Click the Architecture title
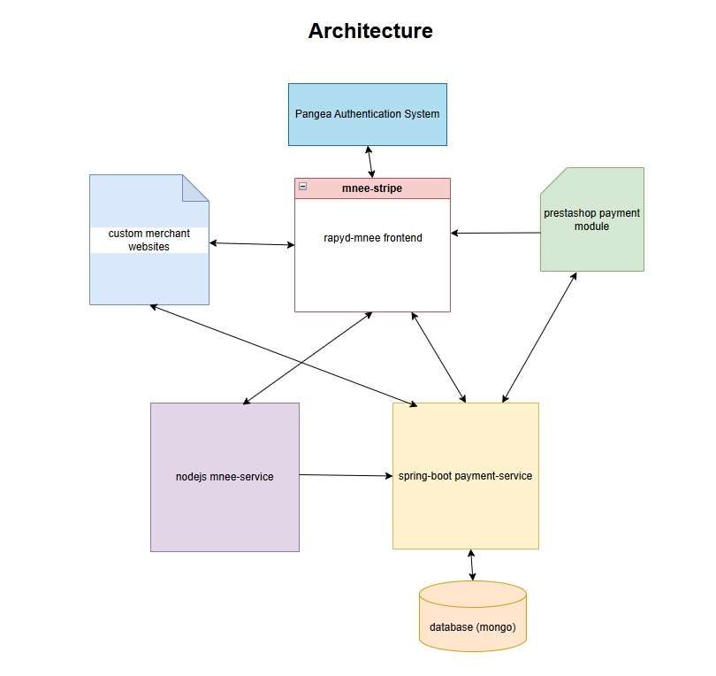[x=369, y=31]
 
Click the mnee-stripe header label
[x=371, y=188]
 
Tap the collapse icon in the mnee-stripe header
[x=302, y=187]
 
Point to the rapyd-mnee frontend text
[x=372, y=237]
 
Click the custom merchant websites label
[x=149, y=240]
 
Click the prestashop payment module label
[x=591, y=219]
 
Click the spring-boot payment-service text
[x=465, y=476]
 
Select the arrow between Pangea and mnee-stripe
[x=370, y=162]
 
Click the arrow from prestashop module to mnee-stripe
[x=495, y=234]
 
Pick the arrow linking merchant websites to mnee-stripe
[x=252, y=243]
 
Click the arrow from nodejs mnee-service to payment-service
[x=345, y=475]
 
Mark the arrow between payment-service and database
[x=472, y=565]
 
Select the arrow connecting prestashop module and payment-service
[x=539, y=338]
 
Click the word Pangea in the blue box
[x=313, y=114]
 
